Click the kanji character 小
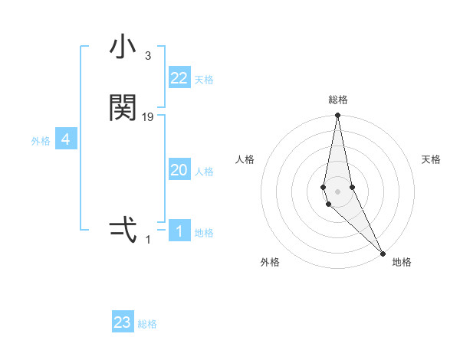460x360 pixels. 123,48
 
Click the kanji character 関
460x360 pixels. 123,108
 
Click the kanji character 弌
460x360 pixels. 123,230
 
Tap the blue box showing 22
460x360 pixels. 179,78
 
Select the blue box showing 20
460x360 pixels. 179,170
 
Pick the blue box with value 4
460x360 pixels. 66,139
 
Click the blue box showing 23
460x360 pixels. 123,322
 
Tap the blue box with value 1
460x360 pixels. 179,231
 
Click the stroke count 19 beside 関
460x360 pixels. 148,117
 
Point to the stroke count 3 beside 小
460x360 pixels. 147,56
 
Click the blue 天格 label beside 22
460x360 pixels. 204,80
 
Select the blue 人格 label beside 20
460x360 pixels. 205,172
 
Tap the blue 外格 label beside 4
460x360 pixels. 41,141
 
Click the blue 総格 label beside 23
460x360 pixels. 147,324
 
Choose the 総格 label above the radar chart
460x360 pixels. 338,100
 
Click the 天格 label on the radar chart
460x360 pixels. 432,159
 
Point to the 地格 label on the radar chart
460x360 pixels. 402,262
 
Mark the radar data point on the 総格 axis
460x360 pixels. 337,116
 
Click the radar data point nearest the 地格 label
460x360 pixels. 383,253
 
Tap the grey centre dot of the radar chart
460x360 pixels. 337,191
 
